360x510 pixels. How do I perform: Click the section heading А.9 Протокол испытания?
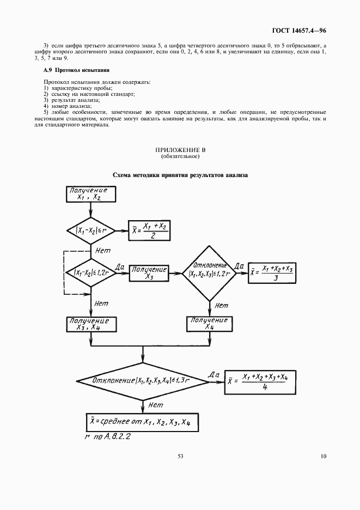(x=77, y=70)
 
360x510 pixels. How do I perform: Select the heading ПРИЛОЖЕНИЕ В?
(x=180, y=150)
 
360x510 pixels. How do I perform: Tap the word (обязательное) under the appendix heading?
(x=180, y=156)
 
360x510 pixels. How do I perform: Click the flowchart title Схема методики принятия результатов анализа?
(x=180, y=175)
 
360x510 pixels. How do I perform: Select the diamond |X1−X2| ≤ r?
(x=90, y=231)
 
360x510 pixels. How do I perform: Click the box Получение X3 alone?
(x=149, y=273)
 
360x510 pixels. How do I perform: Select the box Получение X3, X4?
(x=91, y=324)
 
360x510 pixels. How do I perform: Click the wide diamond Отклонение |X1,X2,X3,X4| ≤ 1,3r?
(x=143, y=380)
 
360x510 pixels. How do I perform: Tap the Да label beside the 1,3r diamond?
(x=213, y=375)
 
